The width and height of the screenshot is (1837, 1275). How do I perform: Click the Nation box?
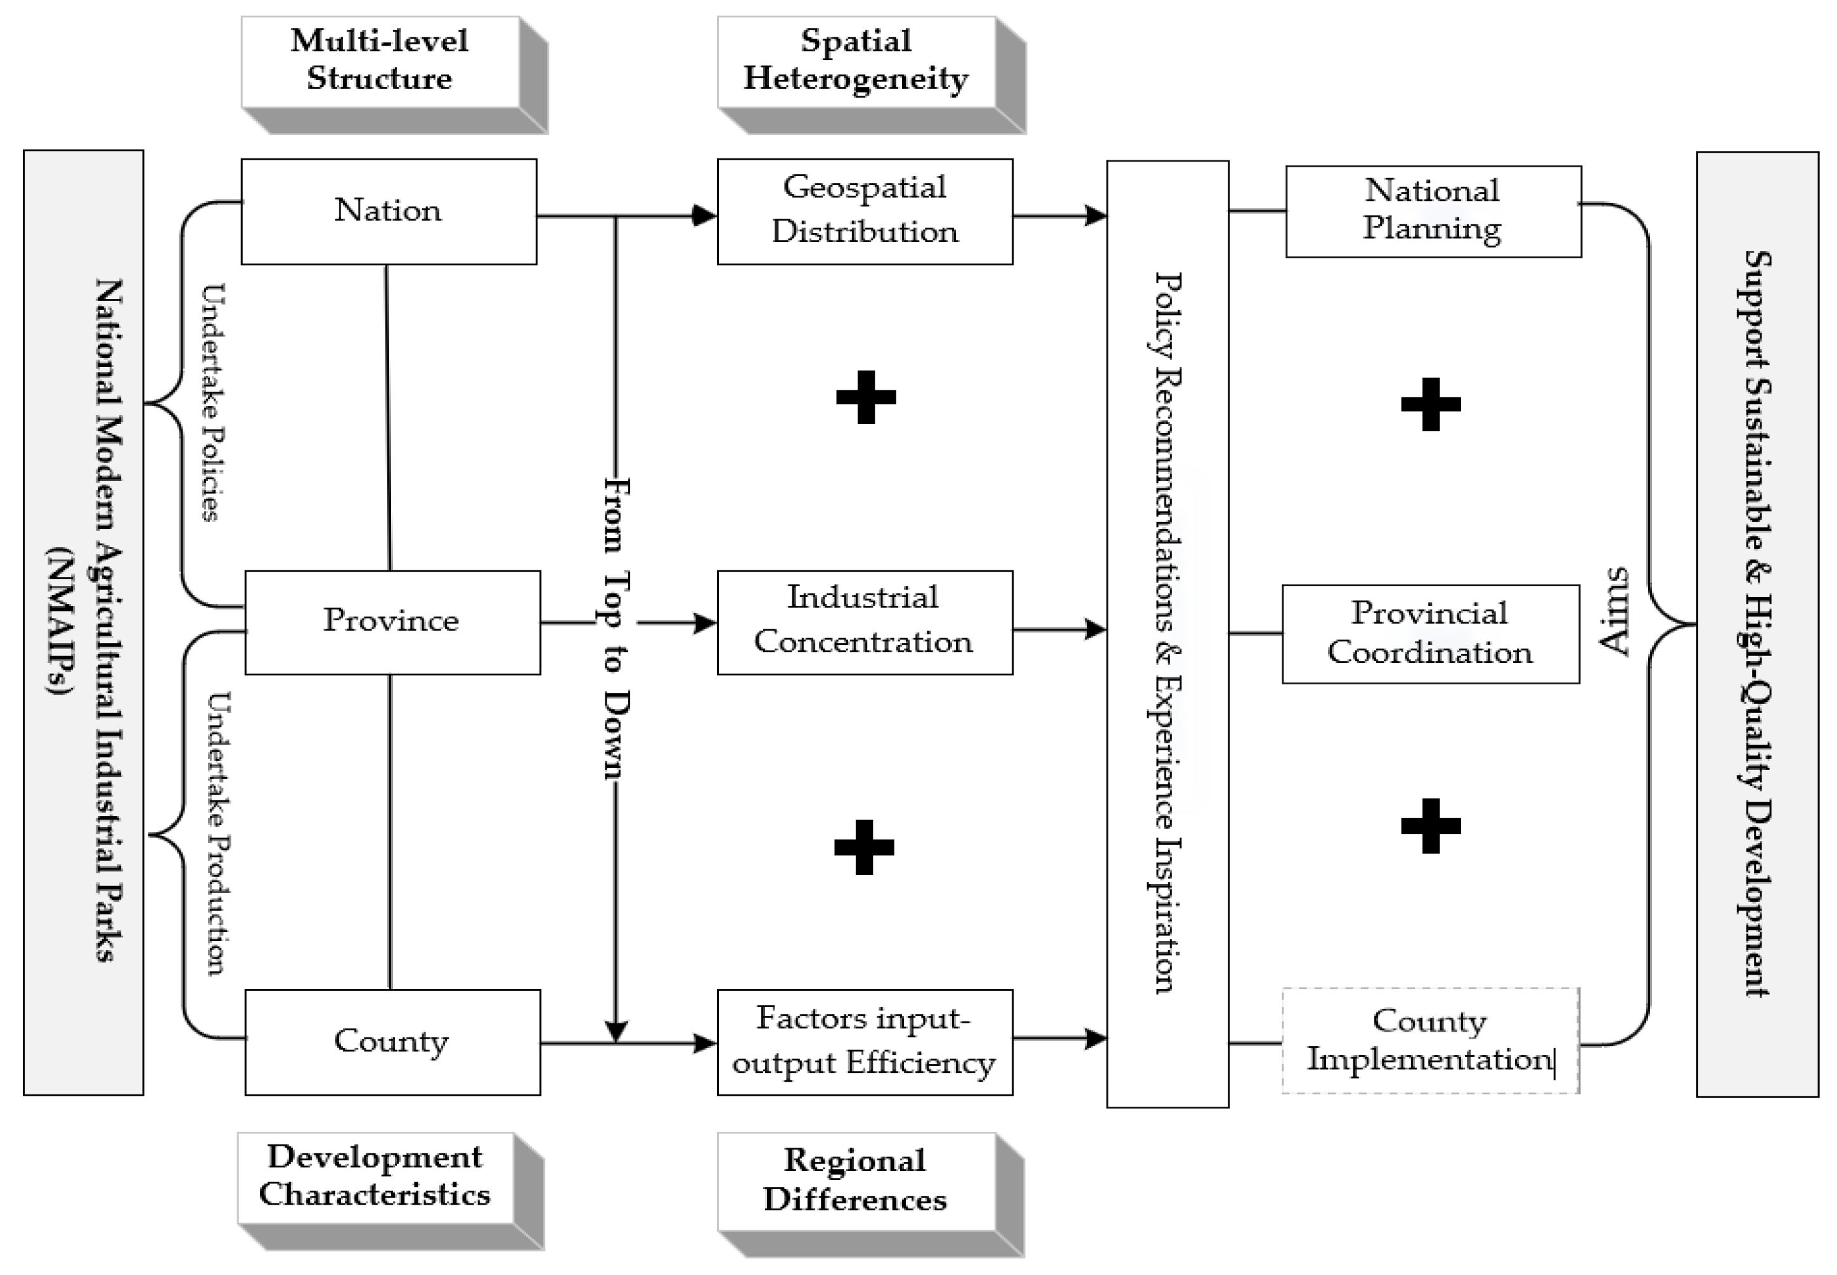pos(389,211)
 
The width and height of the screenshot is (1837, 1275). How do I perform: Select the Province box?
pos(392,622)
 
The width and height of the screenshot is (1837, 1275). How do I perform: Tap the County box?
pos(392,1042)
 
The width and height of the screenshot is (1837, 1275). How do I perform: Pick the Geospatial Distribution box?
pos(865,211)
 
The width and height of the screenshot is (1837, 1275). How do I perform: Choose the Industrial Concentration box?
pos(865,622)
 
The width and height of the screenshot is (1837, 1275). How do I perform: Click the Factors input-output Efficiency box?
pos(865,1042)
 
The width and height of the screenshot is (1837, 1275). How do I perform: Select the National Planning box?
pos(1433,211)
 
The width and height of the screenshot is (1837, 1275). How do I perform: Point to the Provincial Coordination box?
pos(1430,634)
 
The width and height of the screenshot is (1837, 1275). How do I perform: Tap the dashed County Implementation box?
pos(1430,1040)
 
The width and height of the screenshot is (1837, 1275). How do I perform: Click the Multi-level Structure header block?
pos(380,61)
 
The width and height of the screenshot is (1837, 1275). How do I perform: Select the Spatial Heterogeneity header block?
pos(856,61)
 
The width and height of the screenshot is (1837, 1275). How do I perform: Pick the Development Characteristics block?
pos(375,1177)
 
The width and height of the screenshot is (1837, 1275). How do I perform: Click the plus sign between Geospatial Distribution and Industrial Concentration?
pos(865,397)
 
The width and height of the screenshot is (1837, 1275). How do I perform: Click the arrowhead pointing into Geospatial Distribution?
pos(704,215)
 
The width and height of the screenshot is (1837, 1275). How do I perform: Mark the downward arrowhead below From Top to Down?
pos(616,1032)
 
